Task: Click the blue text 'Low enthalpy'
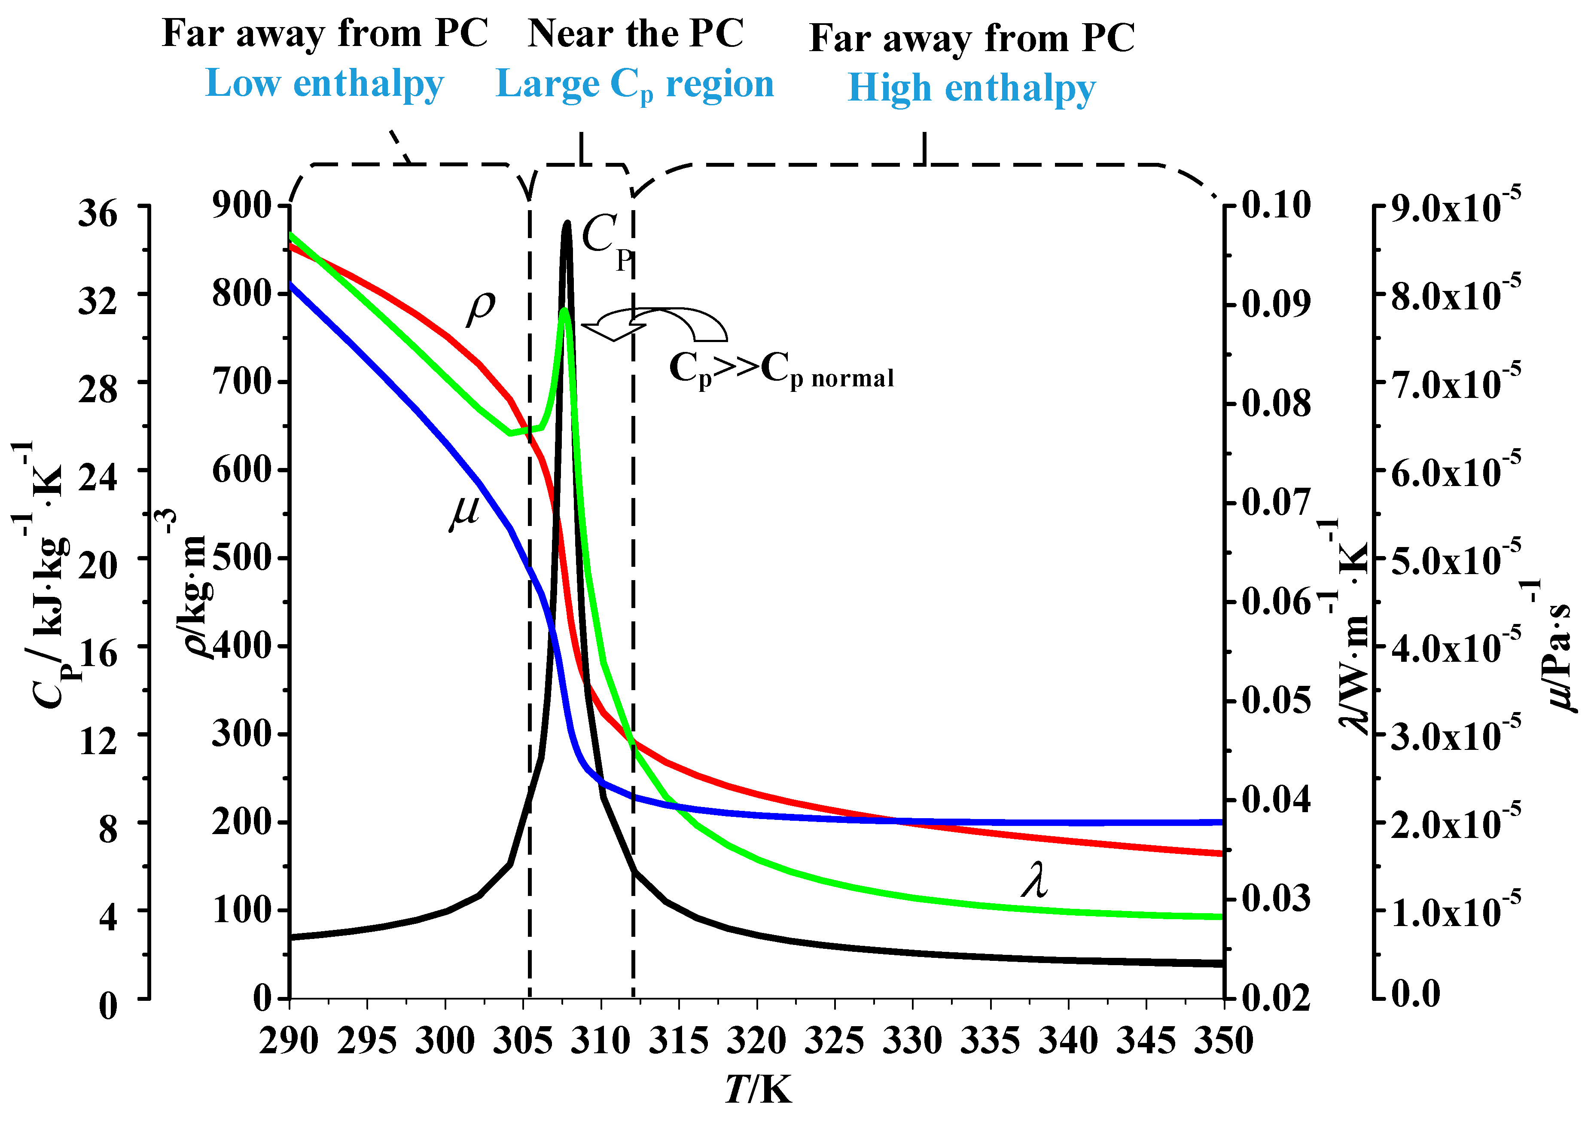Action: pos(324,84)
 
